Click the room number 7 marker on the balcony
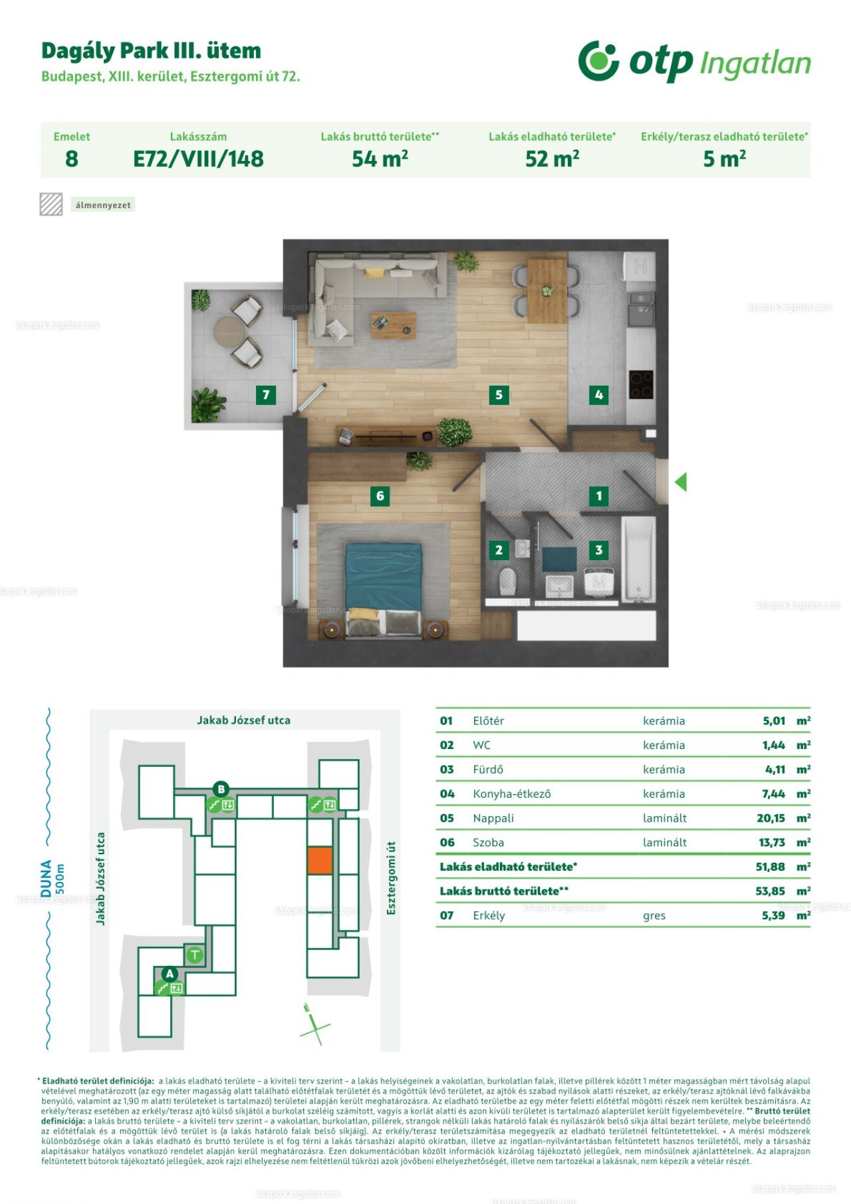(x=266, y=395)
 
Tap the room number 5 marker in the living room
(x=499, y=395)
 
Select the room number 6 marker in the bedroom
(x=380, y=496)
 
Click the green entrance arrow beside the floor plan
(x=681, y=482)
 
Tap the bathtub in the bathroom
(x=638, y=559)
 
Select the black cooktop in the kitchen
(x=641, y=384)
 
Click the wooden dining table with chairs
(x=547, y=290)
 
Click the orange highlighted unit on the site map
(x=320, y=860)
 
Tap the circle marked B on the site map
(x=221, y=790)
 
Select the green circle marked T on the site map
(x=194, y=955)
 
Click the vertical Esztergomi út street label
(x=391, y=877)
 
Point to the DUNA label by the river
(x=46, y=878)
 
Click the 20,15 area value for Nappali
(x=771, y=818)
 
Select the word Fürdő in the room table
(x=488, y=770)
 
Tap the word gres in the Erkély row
(x=654, y=916)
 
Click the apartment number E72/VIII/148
(x=198, y=159)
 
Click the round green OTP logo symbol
(x=598, y=61)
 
